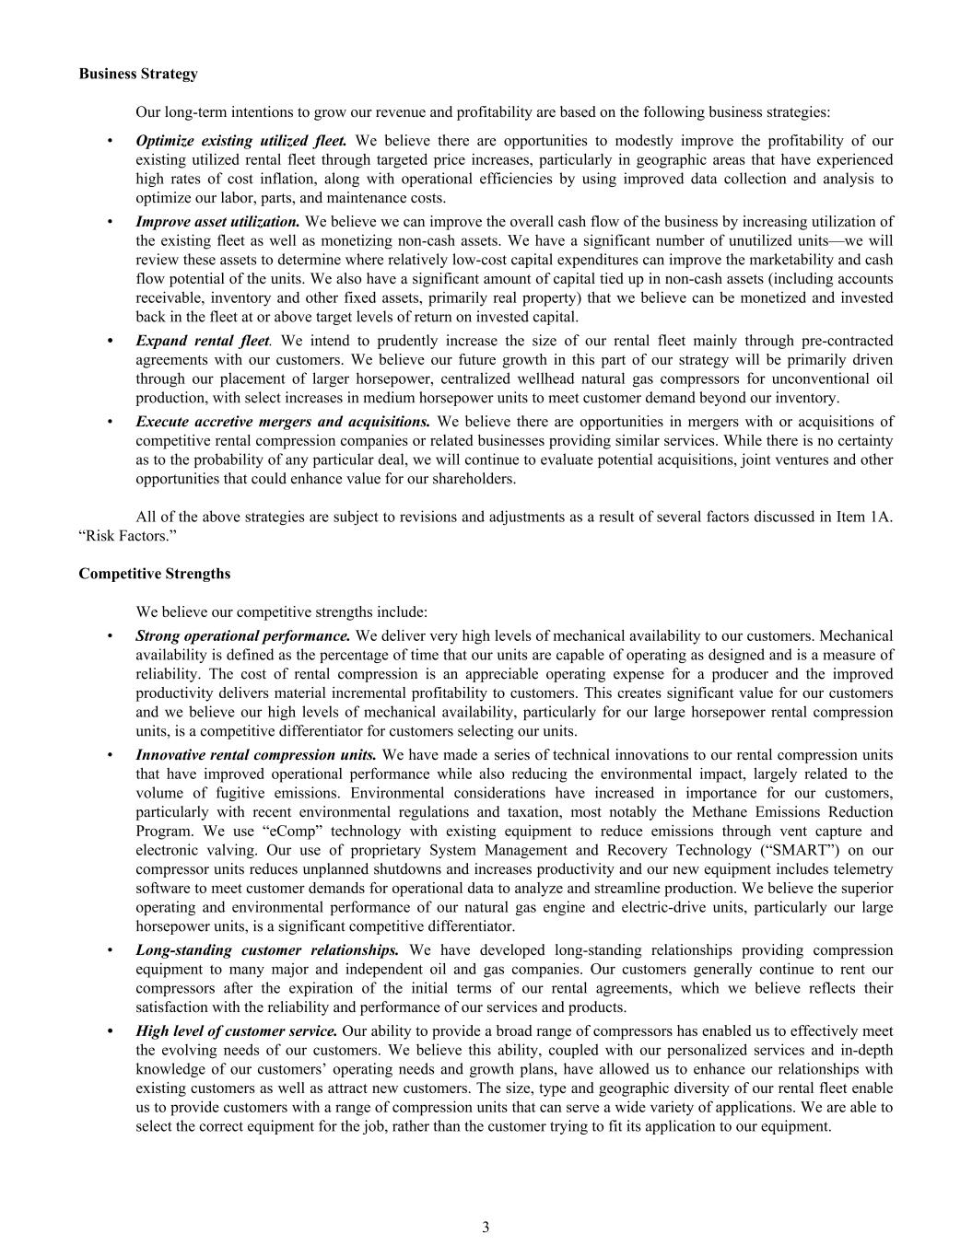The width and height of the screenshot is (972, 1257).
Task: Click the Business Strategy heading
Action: point(138,74)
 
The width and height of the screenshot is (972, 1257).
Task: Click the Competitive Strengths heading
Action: point(155,574)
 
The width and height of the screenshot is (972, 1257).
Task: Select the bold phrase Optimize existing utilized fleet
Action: point(241,141)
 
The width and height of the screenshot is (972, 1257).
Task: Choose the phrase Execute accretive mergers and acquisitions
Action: point(283,422)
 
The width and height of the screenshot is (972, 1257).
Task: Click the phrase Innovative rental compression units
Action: point(256,755)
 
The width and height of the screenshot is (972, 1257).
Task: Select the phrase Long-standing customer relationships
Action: point(267,950)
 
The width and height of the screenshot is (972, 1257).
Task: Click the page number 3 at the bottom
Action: point(486,1227)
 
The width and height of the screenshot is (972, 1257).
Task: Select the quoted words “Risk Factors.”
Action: point(117,535)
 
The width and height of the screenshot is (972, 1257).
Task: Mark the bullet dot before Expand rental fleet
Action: point(111,341)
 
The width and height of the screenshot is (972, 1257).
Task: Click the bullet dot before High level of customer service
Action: point(111,1031)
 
